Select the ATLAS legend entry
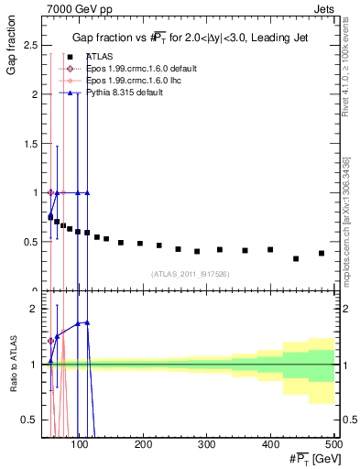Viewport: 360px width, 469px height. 99,57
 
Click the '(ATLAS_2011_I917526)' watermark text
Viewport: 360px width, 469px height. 190,274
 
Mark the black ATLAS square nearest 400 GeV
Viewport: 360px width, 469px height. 270,249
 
